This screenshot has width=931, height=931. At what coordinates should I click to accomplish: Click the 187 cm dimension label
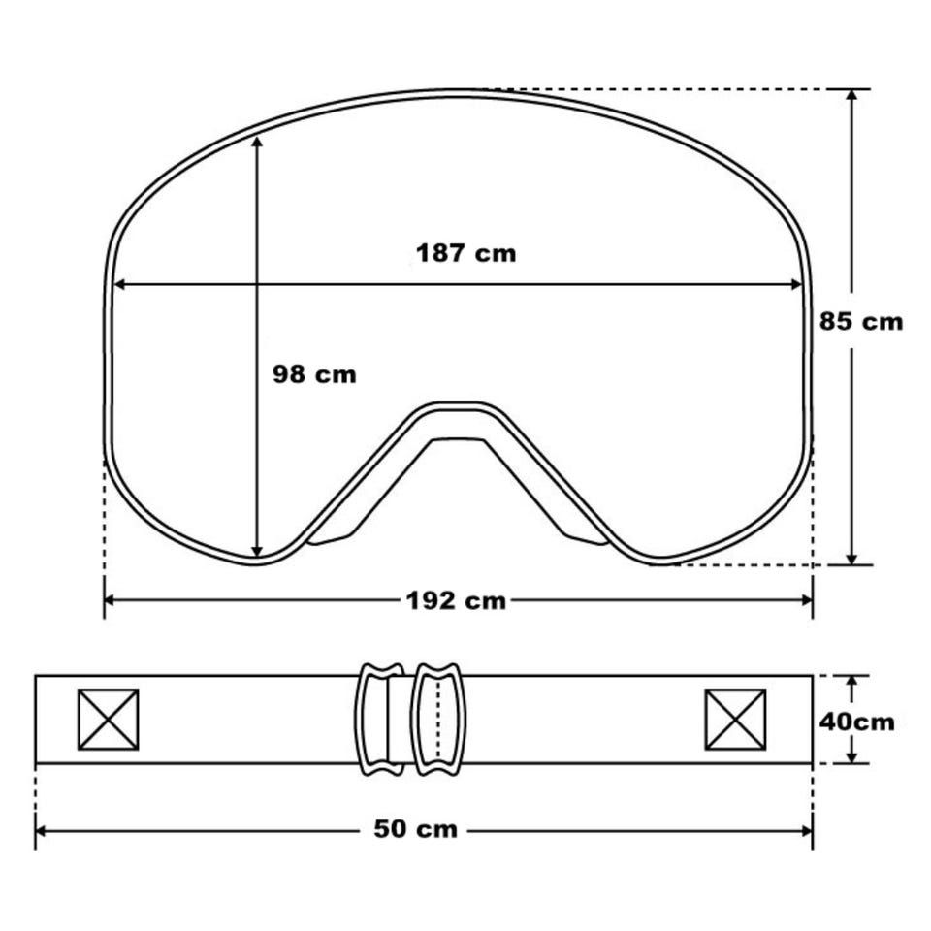click(466, 253)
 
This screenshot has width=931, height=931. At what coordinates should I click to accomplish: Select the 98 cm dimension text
click(314, 374)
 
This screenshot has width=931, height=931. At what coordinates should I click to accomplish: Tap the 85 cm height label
click(861, 321)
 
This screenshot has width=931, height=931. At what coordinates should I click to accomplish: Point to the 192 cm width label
click(456, 601)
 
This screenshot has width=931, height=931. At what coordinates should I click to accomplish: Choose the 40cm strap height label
click(856, 722)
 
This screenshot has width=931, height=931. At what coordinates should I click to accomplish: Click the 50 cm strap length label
click(416, 829)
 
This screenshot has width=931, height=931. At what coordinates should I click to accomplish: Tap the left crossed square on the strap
click(109, 720)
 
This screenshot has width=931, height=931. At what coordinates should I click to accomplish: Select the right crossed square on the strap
click(736, 720)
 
